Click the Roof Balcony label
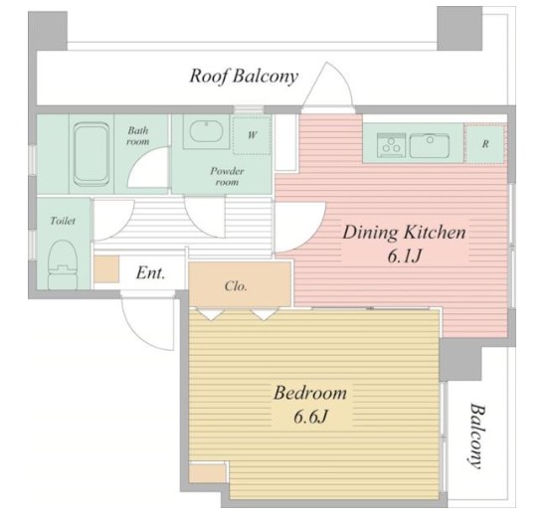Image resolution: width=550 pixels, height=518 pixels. coord(244,77)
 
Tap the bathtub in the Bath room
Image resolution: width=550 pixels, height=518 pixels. coord(91,154)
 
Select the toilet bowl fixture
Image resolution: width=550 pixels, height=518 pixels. coord(63,264)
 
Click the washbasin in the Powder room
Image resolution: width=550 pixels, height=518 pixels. coord(206,131)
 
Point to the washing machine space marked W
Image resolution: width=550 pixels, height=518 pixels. coord(252,135)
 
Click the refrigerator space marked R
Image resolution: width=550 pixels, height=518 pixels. coord(485,143)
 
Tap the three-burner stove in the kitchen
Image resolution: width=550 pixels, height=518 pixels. coord(391,145)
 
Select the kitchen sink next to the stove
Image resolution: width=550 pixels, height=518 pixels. coord(430,145)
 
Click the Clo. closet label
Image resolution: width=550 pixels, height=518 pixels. coord(236,286)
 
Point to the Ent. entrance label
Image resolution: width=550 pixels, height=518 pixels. coord(150,272)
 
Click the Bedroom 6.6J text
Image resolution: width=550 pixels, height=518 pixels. coord(310,405)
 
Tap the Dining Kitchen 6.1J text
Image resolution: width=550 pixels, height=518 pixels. coord(404,245)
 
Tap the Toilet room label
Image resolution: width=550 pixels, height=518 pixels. coord(63,221)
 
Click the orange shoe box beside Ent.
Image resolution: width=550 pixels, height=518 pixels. coord(106,269)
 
